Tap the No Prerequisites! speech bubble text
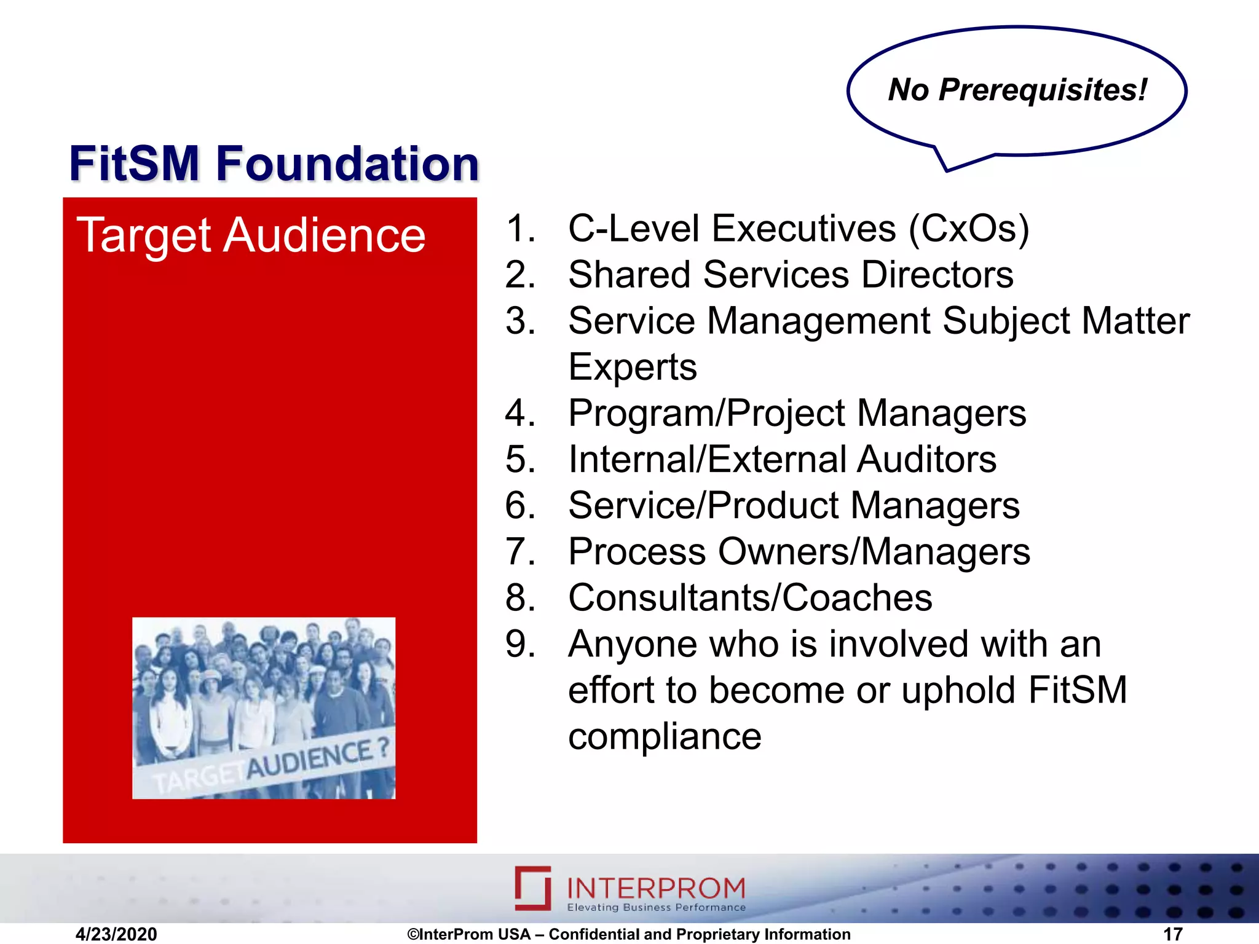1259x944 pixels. click(1017, 90)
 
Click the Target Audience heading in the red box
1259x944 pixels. click(251, 235)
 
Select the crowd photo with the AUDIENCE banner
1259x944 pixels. click(264, 708)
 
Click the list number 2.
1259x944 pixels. click(519, 275)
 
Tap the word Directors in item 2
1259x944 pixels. click(937, 275)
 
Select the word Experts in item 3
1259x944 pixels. click(633, 367)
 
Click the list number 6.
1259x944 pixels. click(519, 505)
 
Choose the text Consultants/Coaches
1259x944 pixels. click(750, 597)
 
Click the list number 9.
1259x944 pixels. click(519, 644)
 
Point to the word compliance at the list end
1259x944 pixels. click(665, 736)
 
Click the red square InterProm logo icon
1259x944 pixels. click(532, 888)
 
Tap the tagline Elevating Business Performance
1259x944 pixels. click(656, 908)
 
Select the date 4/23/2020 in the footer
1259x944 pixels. click(116, 934)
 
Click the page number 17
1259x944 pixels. click(1173, 934)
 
